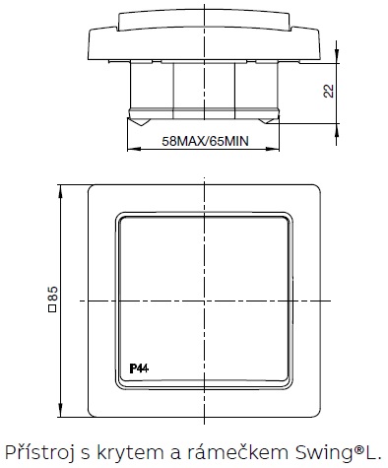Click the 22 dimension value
[x=329, y=91]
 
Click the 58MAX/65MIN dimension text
[x=205, y=141]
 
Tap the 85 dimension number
[x=53, y=294]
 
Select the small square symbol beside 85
[x=53, y=308]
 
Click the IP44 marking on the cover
[x=139, y=368]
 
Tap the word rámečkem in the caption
[x=238, y=452]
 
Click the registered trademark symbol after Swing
[x=359, y=448]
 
